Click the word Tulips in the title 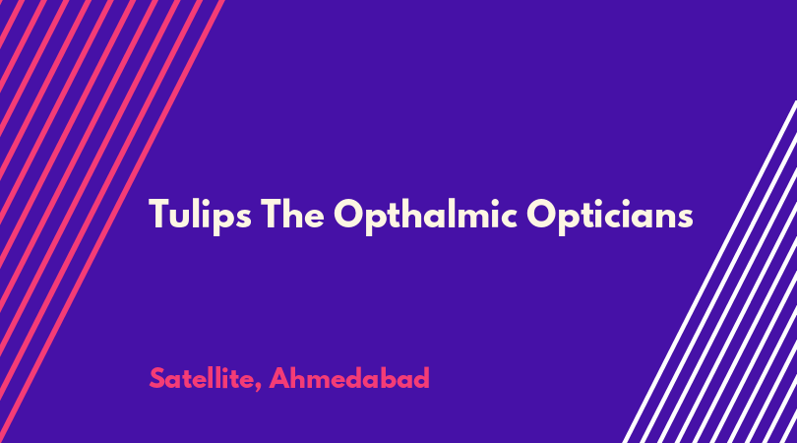201,216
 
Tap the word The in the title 293,213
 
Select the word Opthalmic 425,216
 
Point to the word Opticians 609,216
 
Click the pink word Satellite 202,378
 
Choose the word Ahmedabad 349,378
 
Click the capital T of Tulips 159,213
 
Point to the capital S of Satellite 157,378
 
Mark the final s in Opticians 685,218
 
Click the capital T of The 272,213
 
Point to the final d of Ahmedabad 421,378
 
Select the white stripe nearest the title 709,272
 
